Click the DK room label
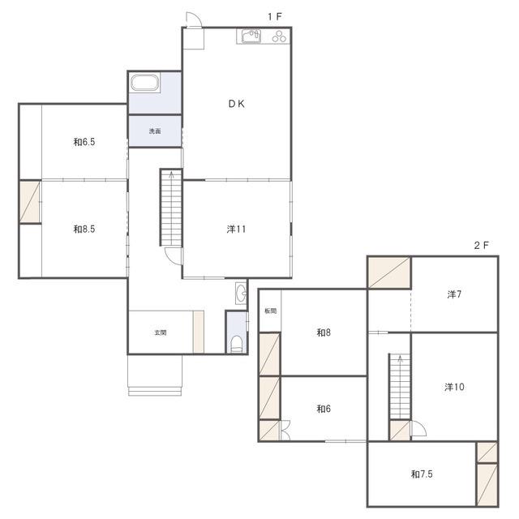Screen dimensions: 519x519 point(236,104)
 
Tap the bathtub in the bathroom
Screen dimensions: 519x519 point(145,83)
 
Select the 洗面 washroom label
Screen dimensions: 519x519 point(155,131)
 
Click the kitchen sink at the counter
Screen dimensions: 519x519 point(251,36)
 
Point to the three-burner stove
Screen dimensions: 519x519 point(279,36)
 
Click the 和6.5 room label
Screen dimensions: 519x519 point(84,142)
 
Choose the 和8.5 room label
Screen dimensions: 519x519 point(84,229)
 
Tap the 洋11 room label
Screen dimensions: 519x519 point(236,229)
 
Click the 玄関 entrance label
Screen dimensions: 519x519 point(161,332)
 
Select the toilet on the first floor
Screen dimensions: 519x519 point(236,344)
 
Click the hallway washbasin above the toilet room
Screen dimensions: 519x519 point(241,293)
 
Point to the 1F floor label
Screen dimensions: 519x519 point(275,16)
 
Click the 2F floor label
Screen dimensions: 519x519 point(482,245)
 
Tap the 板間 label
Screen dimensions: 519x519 point(270,311)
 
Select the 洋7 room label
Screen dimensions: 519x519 point(454,294)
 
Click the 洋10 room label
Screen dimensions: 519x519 point(454,387)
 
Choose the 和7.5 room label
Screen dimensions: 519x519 point(422,474)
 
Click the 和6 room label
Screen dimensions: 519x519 point(324,409)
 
